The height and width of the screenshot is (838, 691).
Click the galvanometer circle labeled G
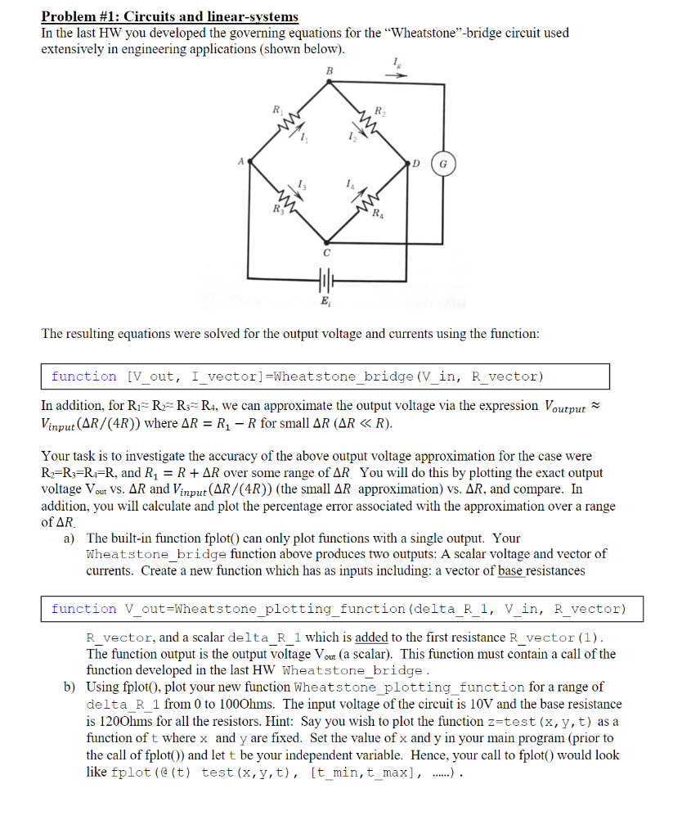click(444, 163)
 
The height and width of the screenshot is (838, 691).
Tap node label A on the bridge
click(240, 161)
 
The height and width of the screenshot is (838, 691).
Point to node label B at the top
click(330, 71)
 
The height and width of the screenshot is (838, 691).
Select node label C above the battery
click(325, 254)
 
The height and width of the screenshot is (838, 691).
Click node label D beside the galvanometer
click(415, 163)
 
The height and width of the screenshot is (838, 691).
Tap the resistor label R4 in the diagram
click(375, 217)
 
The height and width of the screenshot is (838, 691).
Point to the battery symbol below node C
click(325, 281)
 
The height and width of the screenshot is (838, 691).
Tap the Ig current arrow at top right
click(396, 72)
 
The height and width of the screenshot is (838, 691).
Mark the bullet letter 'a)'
click(69, 538)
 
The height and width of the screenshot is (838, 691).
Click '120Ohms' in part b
click(115, 721)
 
